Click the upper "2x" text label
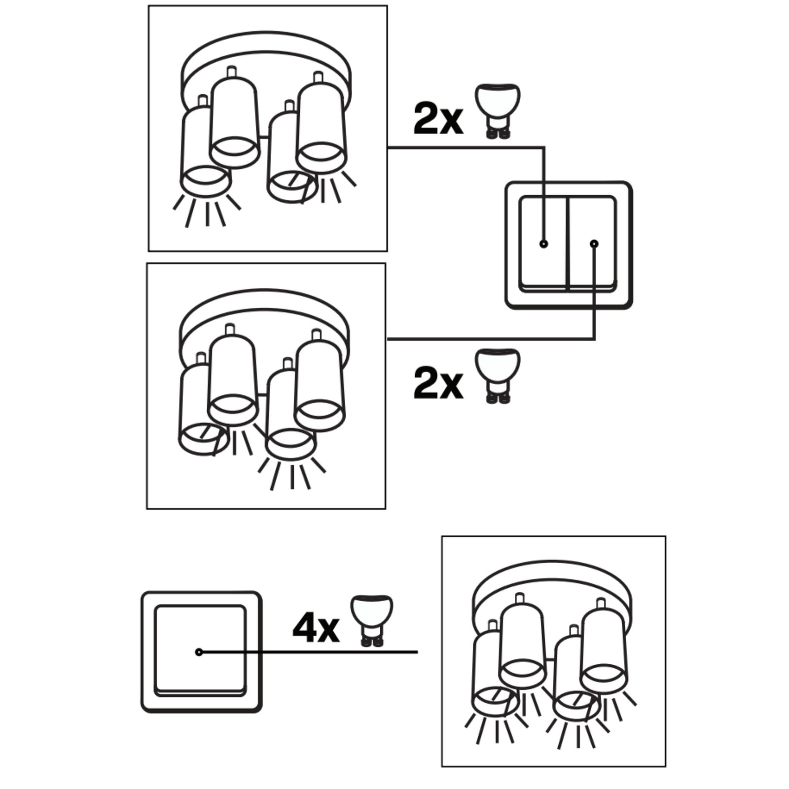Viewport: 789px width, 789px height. point(438,119)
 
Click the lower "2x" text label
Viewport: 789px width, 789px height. point(438,383)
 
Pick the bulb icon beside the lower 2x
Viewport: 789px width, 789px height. point(498,376)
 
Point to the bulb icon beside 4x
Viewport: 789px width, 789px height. point(372,621)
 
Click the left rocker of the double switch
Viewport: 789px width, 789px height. point(543,243)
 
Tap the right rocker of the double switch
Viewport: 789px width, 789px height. point(593,243)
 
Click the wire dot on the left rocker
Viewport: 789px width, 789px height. point(544,244)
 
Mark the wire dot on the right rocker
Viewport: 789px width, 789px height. point(594,244)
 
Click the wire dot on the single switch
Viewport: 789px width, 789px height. point(199,652)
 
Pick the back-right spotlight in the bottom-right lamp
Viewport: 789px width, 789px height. point(604,646)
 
